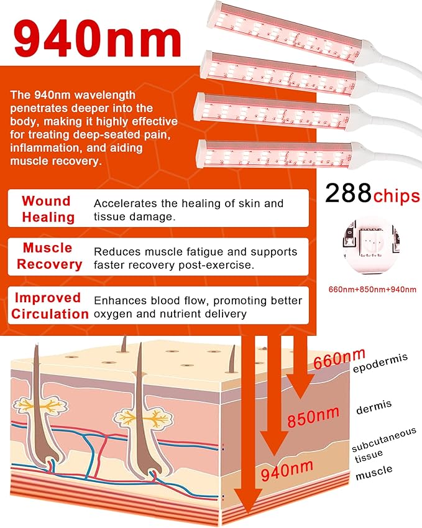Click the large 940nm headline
pos(98,40)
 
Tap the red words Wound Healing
pos(48,209)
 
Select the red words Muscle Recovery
pos(50,256)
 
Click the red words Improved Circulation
pos(50,306)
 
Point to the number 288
pos(348,193)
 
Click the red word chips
pos(397,196)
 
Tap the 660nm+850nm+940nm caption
pos(372,289)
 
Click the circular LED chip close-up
pos(371,245)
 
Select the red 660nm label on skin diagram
pos(339,359)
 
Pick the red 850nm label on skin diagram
pos(313,417)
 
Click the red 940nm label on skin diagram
pos(287,470)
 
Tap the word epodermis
pos(380,363)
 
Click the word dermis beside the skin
pos(374,407)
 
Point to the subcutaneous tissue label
pos(384,445)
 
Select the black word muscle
pos(374,473)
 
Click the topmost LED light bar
pos(288,33)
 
